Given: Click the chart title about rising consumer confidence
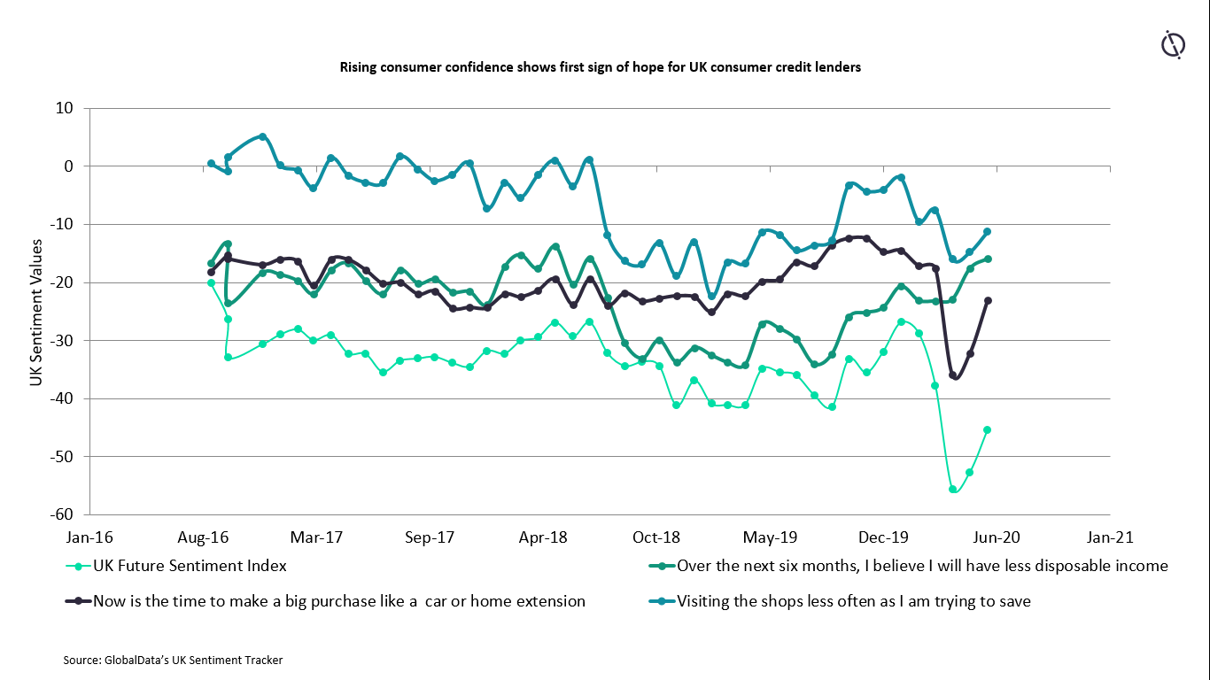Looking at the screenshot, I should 600,67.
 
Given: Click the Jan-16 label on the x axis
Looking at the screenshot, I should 89,537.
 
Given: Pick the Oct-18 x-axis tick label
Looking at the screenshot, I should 656,537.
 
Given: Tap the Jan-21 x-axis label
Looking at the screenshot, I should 1109,537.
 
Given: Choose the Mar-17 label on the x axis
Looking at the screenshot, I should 316,537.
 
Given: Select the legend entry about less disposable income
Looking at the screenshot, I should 922,566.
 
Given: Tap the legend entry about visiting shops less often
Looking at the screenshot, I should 853,601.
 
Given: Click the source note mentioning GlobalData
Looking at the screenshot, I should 173,661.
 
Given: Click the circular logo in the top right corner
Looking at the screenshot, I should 1174,44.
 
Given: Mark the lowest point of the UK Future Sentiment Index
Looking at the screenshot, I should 953,489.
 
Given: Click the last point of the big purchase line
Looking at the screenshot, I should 988,301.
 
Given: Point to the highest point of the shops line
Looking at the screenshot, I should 263,137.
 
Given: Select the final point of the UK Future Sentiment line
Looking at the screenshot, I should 988,430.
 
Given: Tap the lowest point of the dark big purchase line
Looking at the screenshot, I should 953,375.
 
